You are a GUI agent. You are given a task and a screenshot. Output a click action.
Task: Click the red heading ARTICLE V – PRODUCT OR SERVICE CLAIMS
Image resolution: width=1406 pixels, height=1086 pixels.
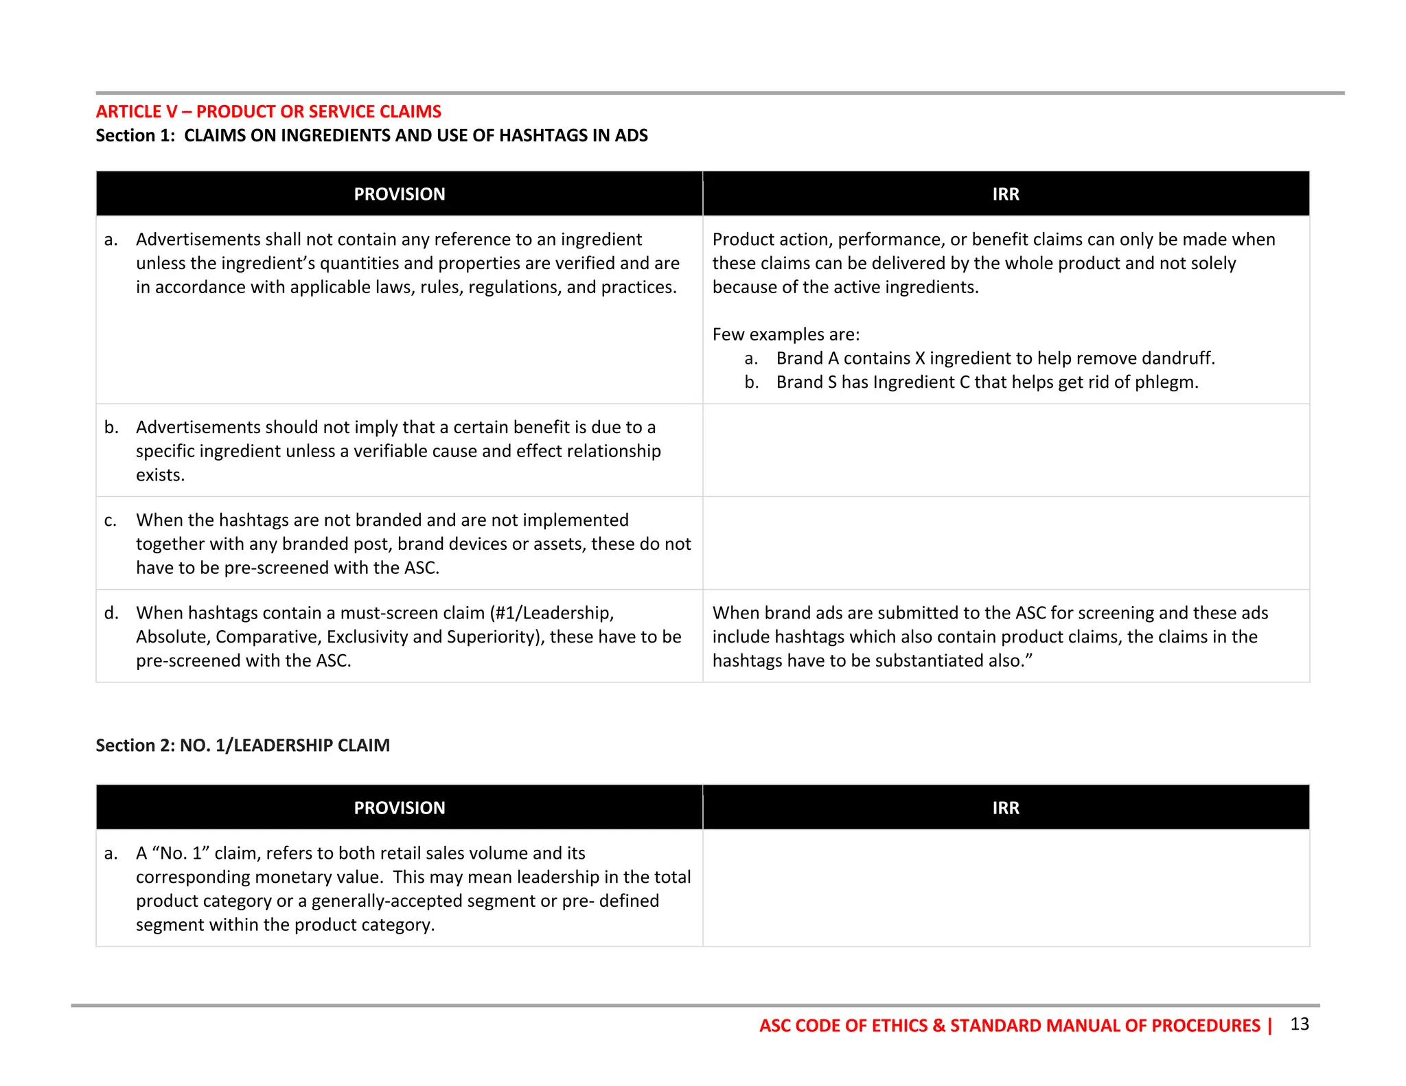click(268, 111)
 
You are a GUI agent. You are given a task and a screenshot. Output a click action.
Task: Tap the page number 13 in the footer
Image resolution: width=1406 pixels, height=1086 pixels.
click(1299, 1024)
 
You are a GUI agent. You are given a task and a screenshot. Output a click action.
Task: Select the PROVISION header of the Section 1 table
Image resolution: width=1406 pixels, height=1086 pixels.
click(399, 194)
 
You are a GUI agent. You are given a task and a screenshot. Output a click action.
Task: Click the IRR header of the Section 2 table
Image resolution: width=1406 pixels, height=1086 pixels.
click(1005, 808)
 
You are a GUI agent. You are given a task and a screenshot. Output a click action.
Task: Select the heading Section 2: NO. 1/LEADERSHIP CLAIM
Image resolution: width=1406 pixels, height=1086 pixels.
click(242, 746)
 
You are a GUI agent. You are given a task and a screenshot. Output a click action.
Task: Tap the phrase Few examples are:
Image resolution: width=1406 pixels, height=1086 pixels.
click(785, 334)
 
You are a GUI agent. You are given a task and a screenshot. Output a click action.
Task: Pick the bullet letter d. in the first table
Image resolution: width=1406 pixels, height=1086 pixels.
click(111, 613)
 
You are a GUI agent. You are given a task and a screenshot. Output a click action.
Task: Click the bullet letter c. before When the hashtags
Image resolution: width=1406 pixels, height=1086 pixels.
click(111, 520)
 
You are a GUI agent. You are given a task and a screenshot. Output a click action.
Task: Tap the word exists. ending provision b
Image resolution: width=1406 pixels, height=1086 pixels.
click(160, 475)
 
